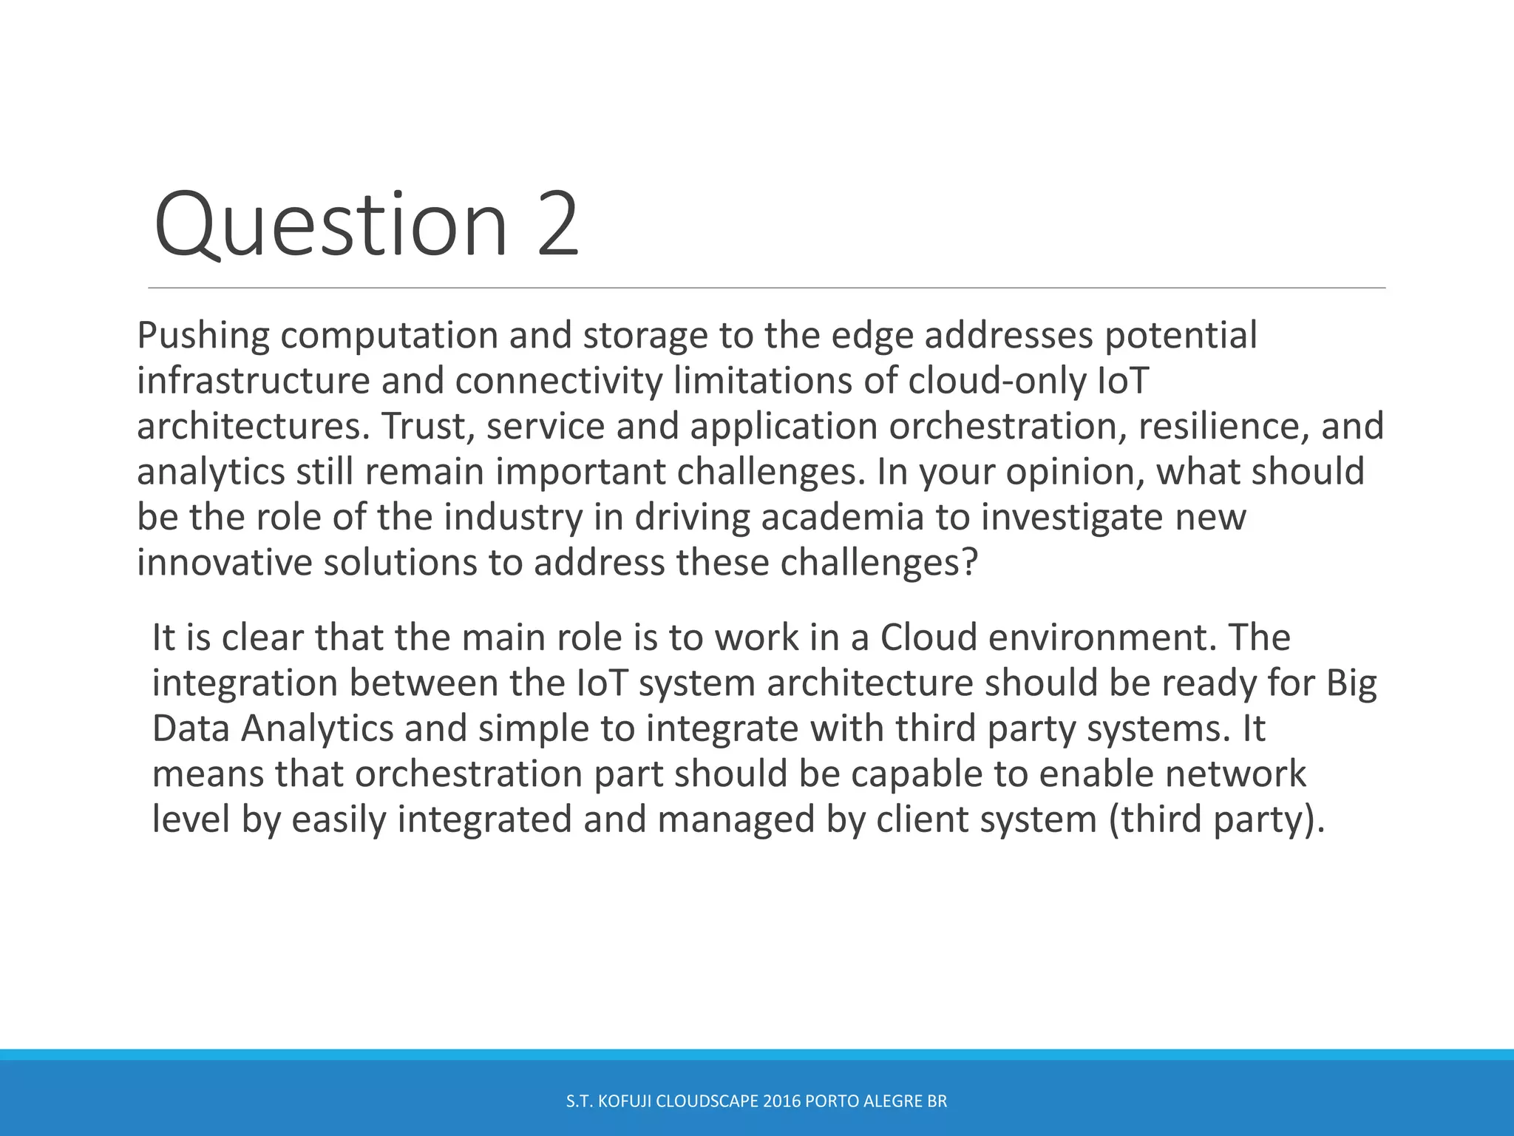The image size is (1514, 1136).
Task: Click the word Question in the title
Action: point(330,225)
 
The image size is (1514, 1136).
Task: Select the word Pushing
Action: point(203,337)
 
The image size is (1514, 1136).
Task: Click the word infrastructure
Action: point(253,382)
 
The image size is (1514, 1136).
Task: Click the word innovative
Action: point(224,564)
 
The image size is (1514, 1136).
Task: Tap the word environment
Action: point(1101,638)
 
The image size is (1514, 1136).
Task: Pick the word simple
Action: point(533,729)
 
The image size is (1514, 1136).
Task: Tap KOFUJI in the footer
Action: point(624,1101)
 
